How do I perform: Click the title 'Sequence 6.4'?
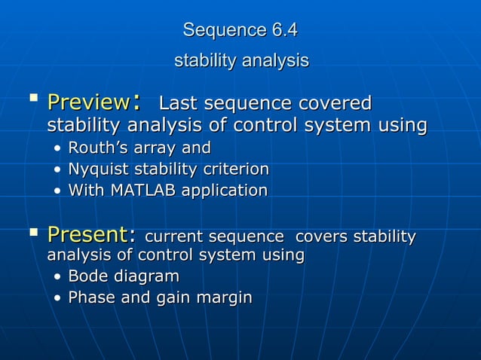[240, 31]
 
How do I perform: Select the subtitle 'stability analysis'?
[241, 60]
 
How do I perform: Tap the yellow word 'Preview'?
[88, 102]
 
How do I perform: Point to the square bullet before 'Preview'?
[32, 99]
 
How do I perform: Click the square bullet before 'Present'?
[32, 235]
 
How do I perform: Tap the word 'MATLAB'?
[141, 191]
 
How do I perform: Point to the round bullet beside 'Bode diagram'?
[58, 277]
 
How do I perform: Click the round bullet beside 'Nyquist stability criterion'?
[58, 169]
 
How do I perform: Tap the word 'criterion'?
[237, 169]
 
